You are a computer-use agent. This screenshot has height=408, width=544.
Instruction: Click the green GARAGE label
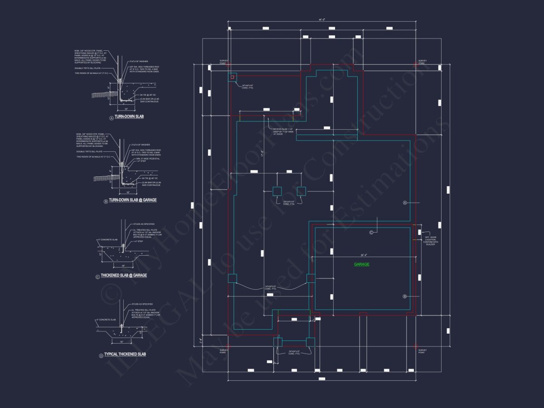(361, 264)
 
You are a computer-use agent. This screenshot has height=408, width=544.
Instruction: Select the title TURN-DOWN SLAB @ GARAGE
(132, 200)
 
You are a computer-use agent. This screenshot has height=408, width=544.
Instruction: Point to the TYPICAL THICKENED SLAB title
(125, 354)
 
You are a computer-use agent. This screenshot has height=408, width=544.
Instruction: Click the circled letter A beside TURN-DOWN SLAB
(111, 117)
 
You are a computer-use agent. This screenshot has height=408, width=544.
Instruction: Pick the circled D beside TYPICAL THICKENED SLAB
(101, 356)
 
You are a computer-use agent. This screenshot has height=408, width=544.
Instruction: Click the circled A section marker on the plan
(405, 203)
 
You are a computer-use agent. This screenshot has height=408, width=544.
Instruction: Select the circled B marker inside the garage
(405, 296)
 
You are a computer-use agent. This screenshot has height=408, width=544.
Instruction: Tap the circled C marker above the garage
(371, 233)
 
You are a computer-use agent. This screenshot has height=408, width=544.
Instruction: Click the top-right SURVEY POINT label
(422, 62)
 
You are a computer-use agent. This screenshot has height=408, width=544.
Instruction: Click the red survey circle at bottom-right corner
(416, 346)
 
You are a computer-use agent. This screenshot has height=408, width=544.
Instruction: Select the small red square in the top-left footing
(233, 78)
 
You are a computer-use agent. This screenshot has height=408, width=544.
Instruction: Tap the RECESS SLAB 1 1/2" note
(283, 131)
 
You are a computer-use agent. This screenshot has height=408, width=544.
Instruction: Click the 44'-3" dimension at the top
(322, 19)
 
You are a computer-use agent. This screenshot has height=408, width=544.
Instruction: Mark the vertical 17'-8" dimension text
(262, 154)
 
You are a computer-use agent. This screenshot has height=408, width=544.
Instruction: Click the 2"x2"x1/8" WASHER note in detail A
(138, 61)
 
